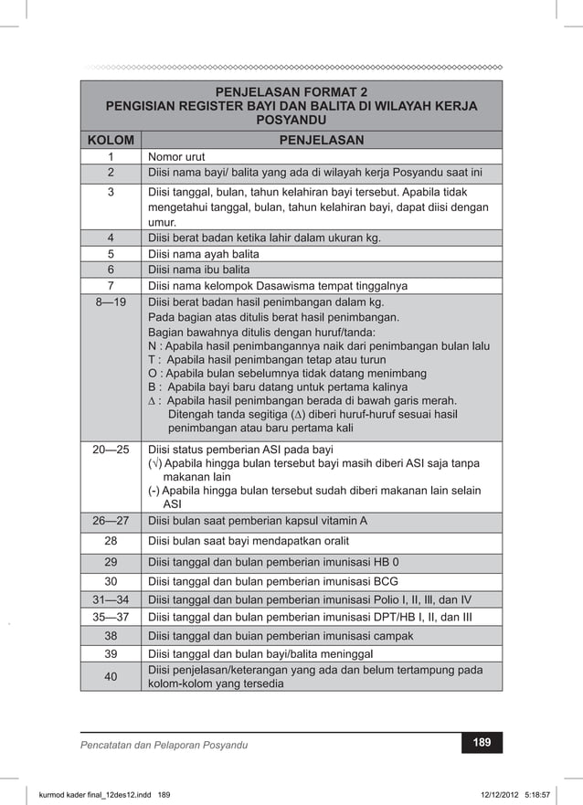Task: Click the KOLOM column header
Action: (110, 141)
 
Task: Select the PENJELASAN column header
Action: (321, 141)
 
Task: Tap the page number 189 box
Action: (481, 744)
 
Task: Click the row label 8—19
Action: (110, 303)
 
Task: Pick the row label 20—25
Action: (110, 450)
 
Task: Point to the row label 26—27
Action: (110, 522)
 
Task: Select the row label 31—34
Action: (110, 599)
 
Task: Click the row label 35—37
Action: (110, 618)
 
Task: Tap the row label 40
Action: (110, 677)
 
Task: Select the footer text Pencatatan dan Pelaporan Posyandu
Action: (164, 746)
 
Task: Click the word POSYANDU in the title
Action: (291, 121)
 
